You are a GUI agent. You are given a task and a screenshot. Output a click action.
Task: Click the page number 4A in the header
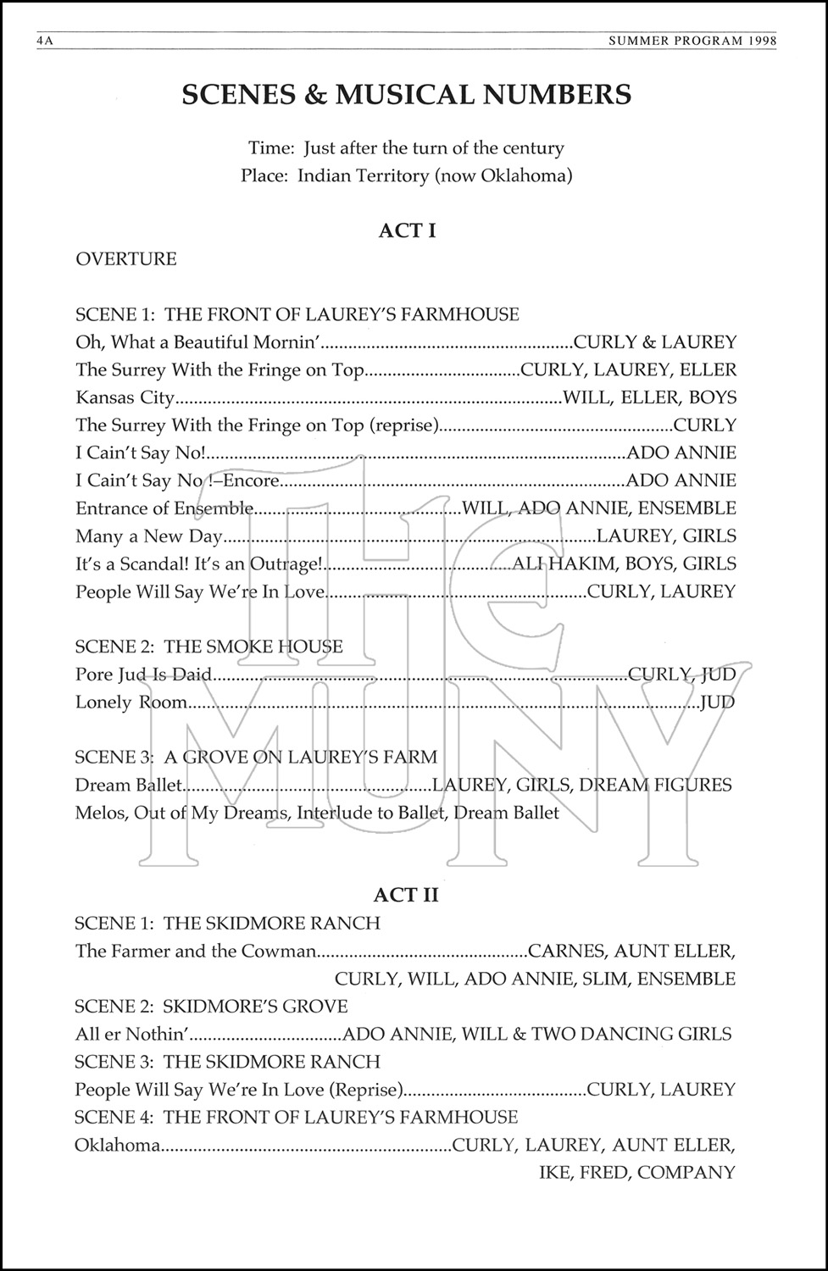point(44,41)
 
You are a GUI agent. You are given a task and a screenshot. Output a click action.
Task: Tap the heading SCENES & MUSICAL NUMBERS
point(407,95)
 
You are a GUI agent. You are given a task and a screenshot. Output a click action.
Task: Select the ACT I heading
point(407,230)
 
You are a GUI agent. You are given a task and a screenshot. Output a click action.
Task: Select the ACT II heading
point(407,895)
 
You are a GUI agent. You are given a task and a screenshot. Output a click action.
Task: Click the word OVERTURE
point(126,259)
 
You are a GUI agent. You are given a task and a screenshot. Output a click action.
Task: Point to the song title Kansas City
point(125,397)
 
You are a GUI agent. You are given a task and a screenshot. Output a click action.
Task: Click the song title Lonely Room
point(131,702)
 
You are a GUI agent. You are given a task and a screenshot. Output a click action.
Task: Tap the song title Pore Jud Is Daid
point(143,674)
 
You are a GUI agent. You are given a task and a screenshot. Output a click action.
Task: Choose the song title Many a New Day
point(148,536)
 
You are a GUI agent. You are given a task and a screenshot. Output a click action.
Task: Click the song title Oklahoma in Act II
point(117,1146)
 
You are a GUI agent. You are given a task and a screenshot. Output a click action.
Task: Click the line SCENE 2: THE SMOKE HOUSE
point(209,647)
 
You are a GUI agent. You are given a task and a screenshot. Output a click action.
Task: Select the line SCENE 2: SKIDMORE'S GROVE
point(211,1007)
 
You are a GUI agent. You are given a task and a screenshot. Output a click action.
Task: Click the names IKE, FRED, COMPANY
point(636,1174)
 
